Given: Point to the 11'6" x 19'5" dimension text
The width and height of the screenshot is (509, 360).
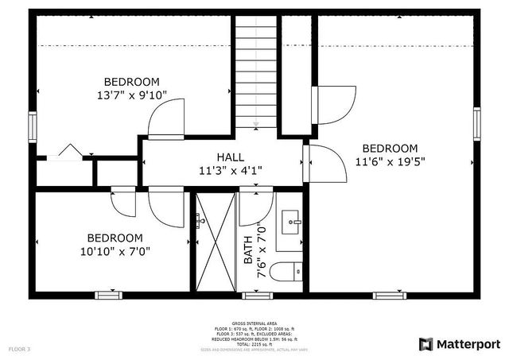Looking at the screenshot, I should tap(390, 161).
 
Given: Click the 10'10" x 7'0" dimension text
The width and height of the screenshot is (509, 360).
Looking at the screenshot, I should tap(115, 251).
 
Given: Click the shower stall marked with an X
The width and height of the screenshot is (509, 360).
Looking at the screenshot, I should tap(216, 242).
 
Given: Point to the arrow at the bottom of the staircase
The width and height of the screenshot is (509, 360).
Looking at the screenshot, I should tap(256, 122).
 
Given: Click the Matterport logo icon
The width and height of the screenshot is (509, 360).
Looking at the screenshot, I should tap(426, 344).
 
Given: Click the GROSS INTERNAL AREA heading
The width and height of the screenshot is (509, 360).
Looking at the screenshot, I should tap(254, 323).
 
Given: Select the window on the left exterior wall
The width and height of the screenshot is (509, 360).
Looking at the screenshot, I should tap(33, 126).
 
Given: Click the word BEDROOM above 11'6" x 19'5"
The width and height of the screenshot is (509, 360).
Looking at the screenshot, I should tap(390, 149).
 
